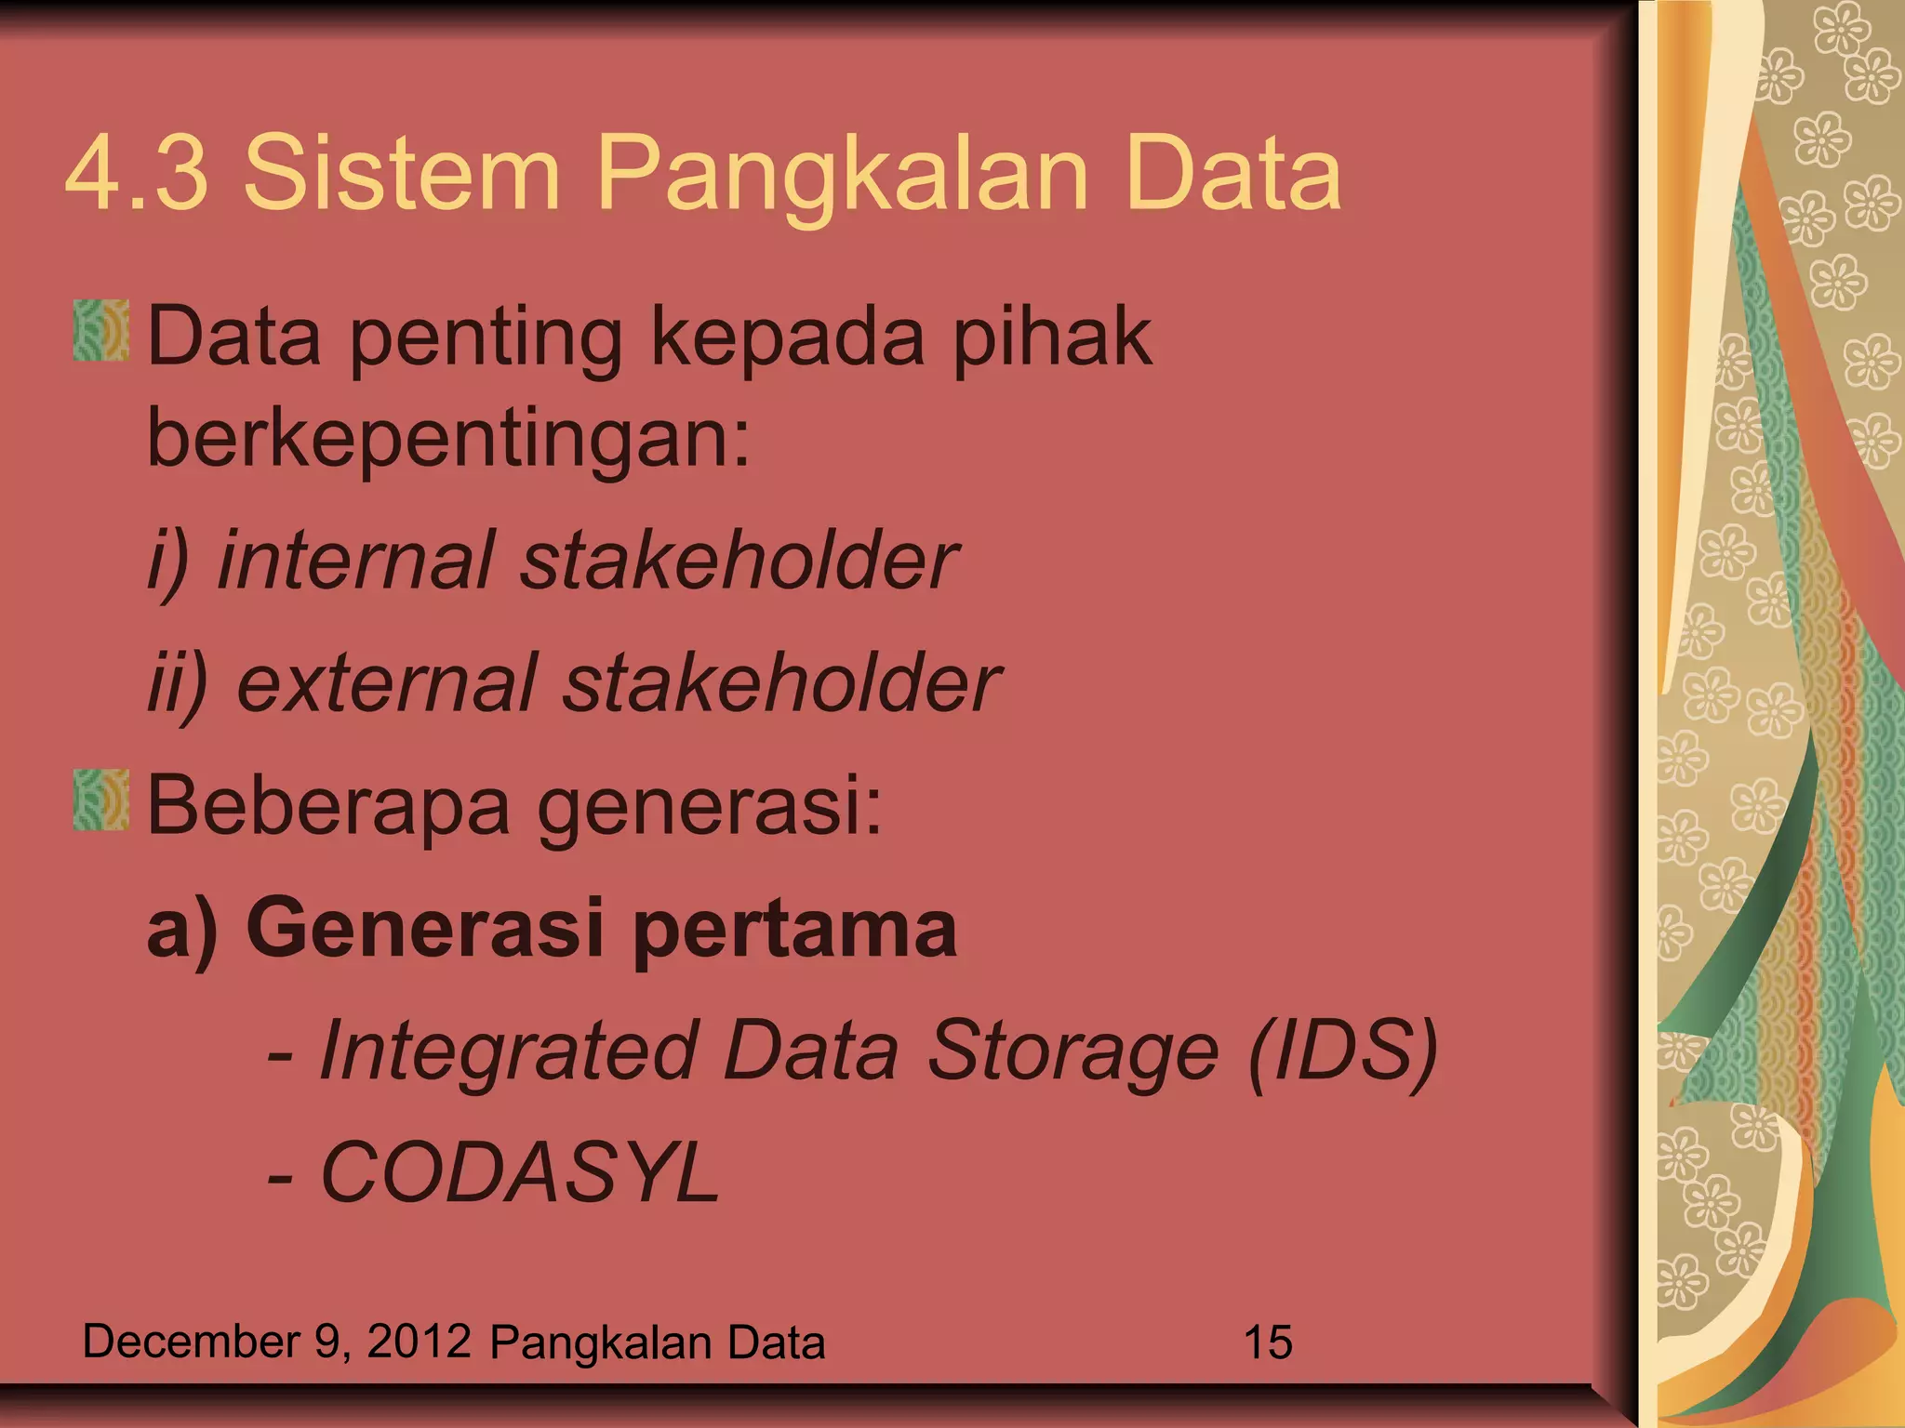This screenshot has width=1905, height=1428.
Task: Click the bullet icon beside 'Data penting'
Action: pyautogui.click(x=101, y=331)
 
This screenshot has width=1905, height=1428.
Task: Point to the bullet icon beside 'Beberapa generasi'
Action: pyautogui.click(x=101, y=800)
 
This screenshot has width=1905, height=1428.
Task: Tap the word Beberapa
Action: pyautogui.click(x=327, y=805)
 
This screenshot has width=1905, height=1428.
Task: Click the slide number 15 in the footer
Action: pyautogui.click(x=1267, y=1342)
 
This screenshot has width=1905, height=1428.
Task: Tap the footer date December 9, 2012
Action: pyautogui.click(x=275, y=1342)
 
